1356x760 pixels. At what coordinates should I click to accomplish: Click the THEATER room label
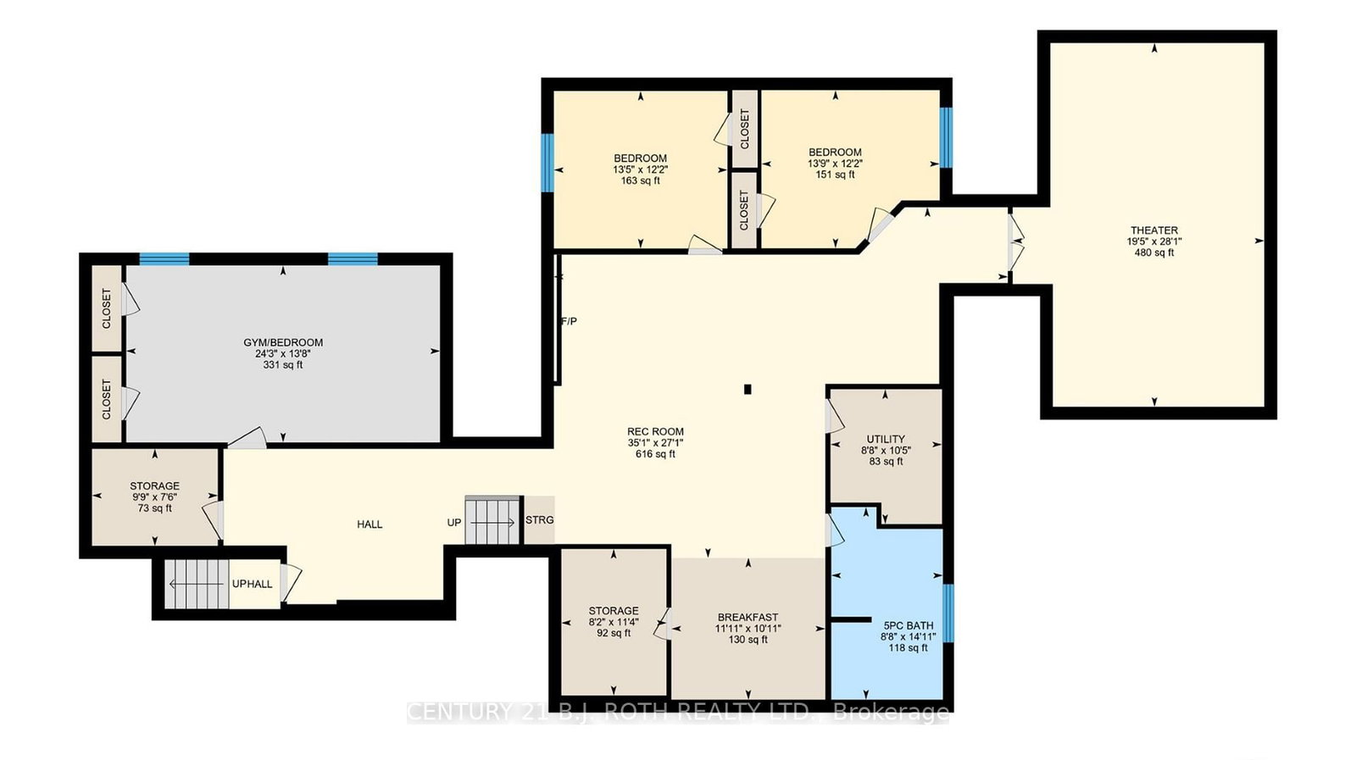(1153, 230)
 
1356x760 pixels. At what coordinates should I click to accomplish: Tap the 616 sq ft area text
(655, 454)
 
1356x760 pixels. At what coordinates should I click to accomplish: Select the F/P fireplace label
(569, 321)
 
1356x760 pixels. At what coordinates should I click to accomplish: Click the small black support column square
(747, 390)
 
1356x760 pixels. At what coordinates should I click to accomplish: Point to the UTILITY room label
(886, 439)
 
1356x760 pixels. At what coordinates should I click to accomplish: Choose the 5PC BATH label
(909, 625)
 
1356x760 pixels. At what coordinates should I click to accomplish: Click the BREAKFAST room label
(748, 617)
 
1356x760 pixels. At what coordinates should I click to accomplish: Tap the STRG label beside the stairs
(539, 520)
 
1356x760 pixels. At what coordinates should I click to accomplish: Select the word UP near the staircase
(454, 523)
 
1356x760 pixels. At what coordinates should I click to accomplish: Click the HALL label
(370, 524)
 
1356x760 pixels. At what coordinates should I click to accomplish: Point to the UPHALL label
(253, 585)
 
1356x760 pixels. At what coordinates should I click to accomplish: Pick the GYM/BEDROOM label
(283, 342)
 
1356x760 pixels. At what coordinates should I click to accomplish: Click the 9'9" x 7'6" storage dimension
(155, 497)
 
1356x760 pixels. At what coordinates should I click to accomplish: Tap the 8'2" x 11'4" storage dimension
(614, 622)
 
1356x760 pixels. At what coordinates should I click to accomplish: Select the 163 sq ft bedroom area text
(641, 181)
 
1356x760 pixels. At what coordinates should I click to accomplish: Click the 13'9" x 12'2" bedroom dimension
(836, 164)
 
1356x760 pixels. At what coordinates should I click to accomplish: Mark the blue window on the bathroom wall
(948, 613)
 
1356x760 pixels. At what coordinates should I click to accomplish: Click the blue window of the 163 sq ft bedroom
(547, 163)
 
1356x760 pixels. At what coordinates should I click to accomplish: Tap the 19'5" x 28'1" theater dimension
(1153, 241)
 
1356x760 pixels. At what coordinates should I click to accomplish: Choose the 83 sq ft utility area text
(886, 462)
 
